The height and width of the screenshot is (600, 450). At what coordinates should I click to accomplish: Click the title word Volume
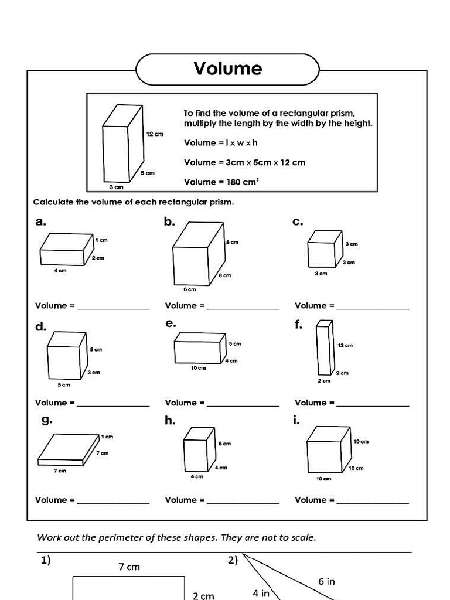point(228,69)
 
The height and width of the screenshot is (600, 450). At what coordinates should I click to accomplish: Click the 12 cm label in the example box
point(155,134)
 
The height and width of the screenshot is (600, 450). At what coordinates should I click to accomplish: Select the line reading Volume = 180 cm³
point(221,182)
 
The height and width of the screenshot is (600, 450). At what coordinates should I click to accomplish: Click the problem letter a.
point(40,221)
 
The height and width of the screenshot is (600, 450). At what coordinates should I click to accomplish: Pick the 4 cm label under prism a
point(60,270)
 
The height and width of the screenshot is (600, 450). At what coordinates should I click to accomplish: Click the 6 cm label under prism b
point(189,289)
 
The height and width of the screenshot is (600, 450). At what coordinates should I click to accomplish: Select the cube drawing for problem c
point(325,249)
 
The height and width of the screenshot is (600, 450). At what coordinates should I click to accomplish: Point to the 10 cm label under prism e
point(198,368)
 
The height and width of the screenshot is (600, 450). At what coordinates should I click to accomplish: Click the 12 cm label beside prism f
point(345,346)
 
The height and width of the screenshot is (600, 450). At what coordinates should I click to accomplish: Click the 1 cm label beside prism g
point(107,437)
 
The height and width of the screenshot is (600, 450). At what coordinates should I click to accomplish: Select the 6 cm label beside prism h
point(224,444)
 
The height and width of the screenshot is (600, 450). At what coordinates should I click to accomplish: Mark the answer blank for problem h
point(243,502)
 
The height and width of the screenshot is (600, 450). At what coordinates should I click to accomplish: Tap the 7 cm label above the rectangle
point(129,567)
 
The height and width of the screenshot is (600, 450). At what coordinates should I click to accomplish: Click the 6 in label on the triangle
point(326,581)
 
